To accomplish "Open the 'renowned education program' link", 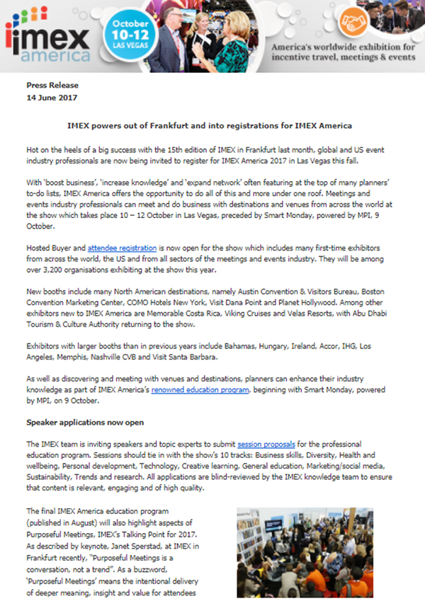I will pyautogui.click(x=199, y=389).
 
